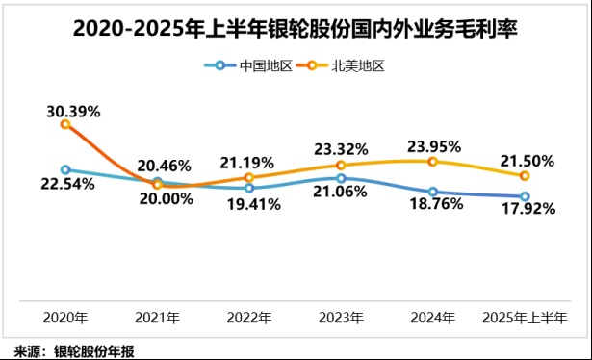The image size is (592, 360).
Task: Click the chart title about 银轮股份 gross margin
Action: click(296, 29)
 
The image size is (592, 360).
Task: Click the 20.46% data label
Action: click(164, 165)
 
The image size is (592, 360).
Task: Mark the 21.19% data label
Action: click(247, 161)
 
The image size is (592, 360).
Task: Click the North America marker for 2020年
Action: click(65, 124)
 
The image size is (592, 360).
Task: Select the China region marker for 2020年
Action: click(65, 169)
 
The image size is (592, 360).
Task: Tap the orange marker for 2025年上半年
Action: click(525, 176)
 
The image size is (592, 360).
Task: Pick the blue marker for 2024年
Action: click(433, 192)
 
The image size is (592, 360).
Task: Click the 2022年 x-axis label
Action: click(249, 317)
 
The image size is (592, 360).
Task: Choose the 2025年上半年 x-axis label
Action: click(525, 317)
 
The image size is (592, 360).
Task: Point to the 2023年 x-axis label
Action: click(341, 317)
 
